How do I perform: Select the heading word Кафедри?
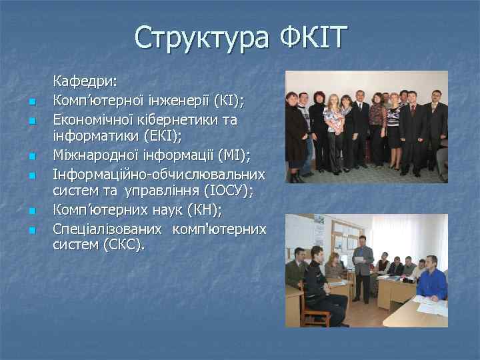(85, 81)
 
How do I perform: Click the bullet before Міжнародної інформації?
(31, 158)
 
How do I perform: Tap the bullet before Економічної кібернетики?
(31, 121)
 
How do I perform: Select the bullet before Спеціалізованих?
(31, 231)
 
